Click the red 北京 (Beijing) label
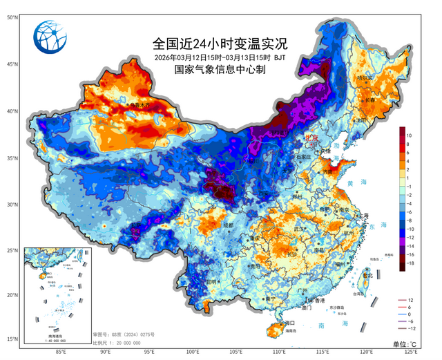tap(312, 138)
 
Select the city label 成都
tap(229, 225)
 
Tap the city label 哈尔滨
tap(363, 78)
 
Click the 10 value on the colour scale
tap(410, 135)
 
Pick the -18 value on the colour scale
tap(410, 264)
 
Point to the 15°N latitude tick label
tap(12, 339)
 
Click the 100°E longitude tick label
tap(193, 351)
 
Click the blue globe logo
tap(54, 39)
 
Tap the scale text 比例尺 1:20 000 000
tap(114, 342)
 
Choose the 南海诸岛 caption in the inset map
tap(54, 334)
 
